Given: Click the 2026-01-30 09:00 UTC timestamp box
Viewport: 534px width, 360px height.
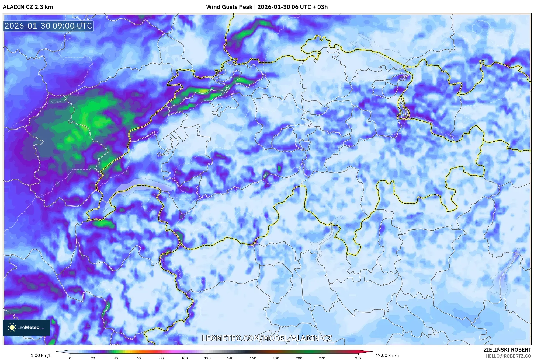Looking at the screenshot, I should coord(48,26).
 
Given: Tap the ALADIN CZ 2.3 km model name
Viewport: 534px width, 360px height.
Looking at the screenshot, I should coord(28,7).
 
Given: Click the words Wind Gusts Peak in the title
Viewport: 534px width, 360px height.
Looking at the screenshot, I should coord(229,7).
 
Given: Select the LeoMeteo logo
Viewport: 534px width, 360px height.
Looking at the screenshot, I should coord(26,327).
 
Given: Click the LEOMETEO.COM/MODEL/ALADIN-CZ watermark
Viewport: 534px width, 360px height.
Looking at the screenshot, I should coord(267,338).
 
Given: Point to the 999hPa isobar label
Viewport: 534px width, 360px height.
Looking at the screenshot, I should coord(56,102).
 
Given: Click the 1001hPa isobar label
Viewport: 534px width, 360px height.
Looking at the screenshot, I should coord(43,195).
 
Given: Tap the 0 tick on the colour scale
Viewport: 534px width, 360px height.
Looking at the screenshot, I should coord(70,358).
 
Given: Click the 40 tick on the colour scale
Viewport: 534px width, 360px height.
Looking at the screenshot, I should coord(116,358).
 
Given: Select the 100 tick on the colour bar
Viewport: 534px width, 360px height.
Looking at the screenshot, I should coord(185,358).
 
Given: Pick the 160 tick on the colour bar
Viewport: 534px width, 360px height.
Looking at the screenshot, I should coord(253,358).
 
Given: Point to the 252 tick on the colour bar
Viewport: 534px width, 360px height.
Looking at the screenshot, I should coord(358,358).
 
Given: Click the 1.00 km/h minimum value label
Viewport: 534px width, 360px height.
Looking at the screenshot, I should coord(41,355).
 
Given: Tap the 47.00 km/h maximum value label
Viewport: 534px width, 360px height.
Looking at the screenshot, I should coord(387,355).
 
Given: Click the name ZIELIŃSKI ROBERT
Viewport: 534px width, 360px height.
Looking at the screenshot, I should coord(507,350).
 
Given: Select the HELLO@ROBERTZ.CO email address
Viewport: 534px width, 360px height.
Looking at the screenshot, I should coord(508,356).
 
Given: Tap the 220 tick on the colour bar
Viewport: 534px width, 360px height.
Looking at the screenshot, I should coord(322,358).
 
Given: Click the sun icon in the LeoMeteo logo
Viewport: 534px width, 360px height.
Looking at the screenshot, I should coord(12,327).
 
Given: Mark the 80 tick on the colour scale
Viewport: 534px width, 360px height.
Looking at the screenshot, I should coord(162,358).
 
